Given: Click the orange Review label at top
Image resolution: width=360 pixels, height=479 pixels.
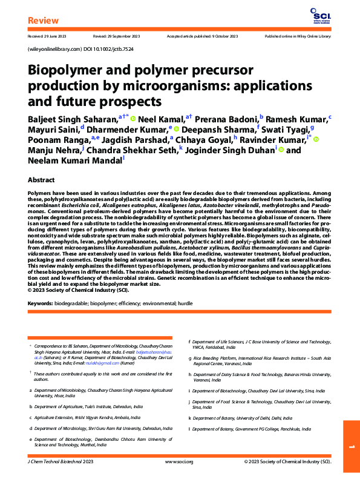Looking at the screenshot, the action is (44, 22).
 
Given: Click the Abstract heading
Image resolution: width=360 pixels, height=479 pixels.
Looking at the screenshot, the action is (42, 180).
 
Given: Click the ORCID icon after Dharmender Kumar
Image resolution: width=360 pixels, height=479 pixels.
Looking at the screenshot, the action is (176, 130).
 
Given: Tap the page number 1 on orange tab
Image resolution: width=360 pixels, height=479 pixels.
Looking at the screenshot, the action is (351, 447).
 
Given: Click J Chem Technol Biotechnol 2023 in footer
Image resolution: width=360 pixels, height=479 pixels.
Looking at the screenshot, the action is (61, 461).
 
